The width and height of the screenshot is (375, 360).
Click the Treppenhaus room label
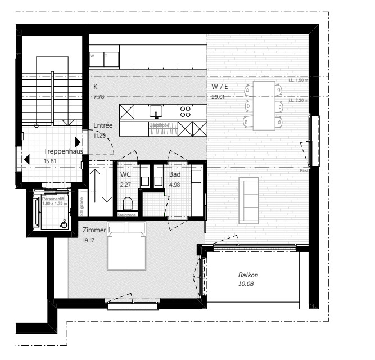pyautogui.click(x=64, y=151)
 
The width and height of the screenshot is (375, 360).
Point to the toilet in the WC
pyautogui.click(x=128, y=204)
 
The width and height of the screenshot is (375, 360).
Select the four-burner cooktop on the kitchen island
pyautogui.click(x=185, y=110)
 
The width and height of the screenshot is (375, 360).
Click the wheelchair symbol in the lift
pyautogui.click(x=64, y=224)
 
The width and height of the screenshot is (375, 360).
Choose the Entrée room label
pyautogui.click(x=103, y=125)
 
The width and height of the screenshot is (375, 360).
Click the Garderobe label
pyautogui.click(x=159, y=124)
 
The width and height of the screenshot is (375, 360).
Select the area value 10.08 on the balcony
pyautogui.click(x=246, y=284)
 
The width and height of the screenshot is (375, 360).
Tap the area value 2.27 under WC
pyautogui.click(x=125, y=184)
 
